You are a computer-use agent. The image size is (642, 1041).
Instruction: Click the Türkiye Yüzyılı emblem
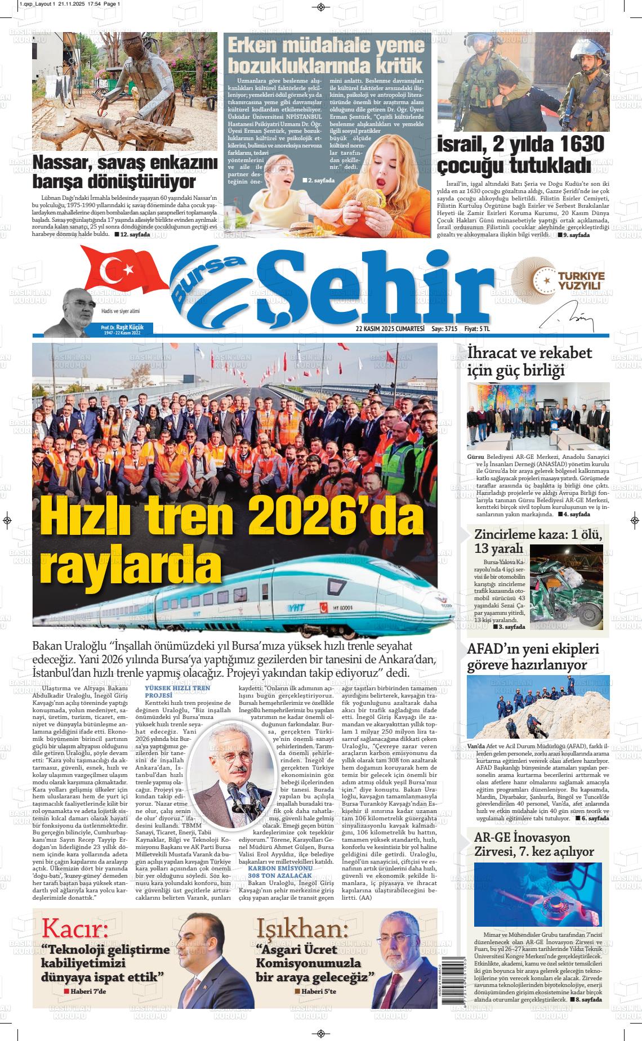pyautogui.click(x=560, y=281)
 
